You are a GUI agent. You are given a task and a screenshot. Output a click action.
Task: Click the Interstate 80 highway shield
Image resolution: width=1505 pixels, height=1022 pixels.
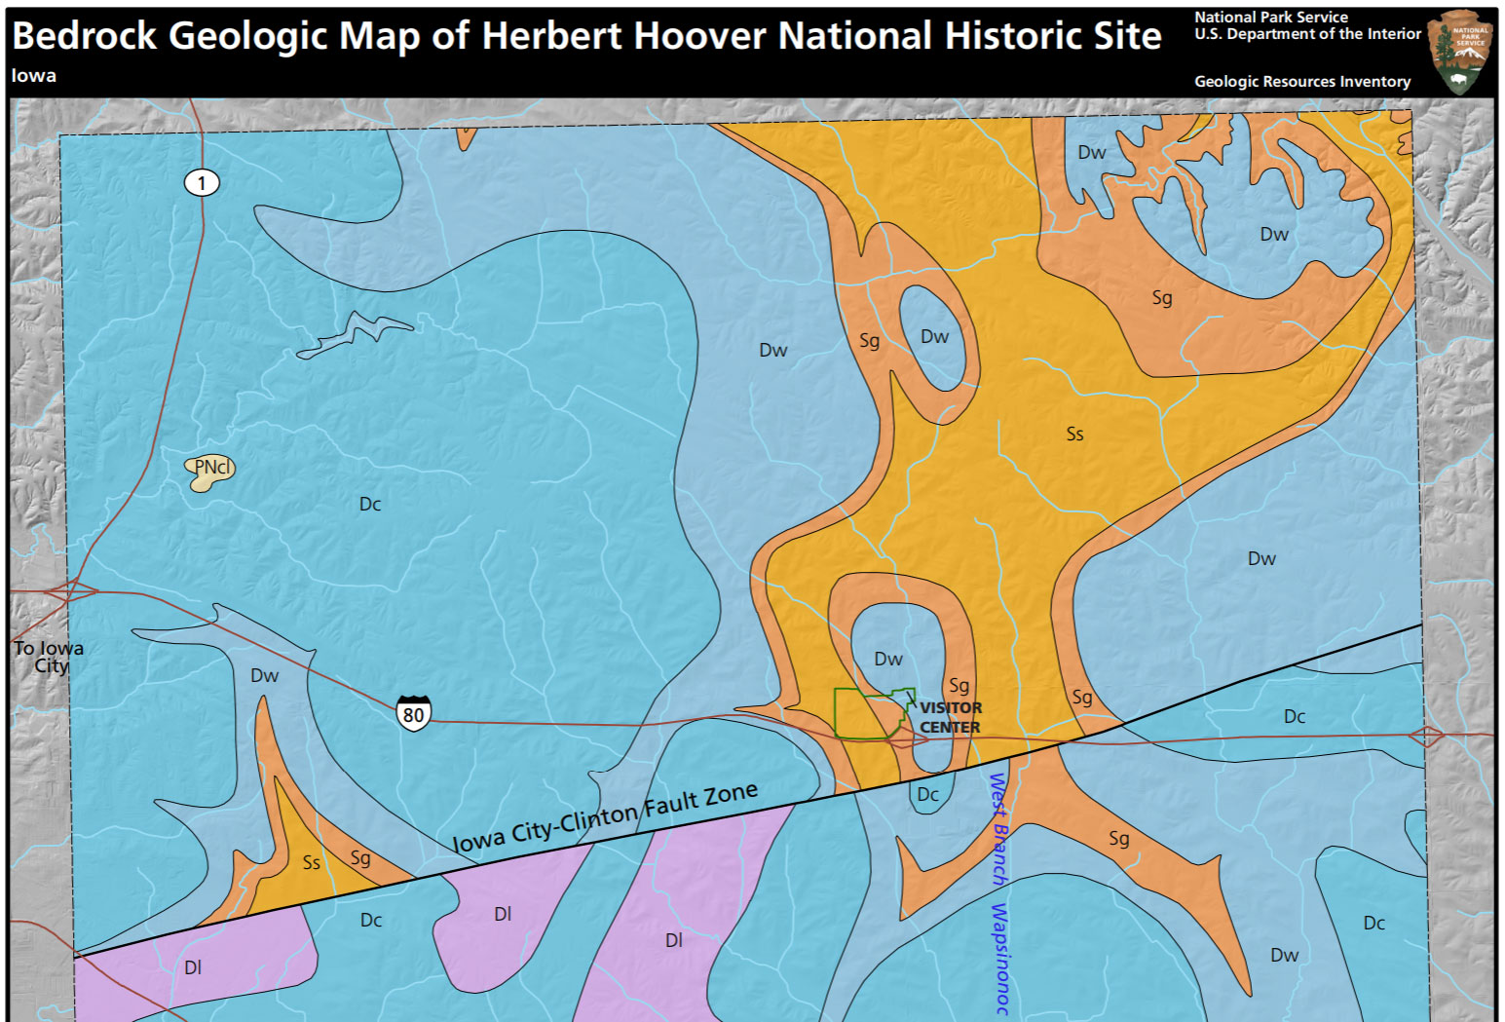(x=413, y=714)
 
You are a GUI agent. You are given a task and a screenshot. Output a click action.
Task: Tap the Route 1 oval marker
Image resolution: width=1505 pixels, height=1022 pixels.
(x=202, y=182)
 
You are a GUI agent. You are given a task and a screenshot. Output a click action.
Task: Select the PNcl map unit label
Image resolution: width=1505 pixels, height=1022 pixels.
(x=211, y=468)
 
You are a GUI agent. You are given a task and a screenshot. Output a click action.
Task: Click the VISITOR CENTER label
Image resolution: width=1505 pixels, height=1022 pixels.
(x=950, y=718)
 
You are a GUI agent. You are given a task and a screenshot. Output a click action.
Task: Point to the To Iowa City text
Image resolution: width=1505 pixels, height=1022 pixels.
(x=48, y=656)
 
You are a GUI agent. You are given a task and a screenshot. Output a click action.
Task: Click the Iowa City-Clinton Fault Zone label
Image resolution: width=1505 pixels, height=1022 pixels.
(x=604, y=817)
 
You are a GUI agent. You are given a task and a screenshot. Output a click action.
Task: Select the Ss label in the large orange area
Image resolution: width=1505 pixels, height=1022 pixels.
(x=1074, y=435)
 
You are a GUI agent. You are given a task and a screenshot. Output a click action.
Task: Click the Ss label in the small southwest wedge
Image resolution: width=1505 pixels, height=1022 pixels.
(x=311, y=863)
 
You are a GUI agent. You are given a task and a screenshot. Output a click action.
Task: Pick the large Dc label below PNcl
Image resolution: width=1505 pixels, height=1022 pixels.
(x=370, y=504)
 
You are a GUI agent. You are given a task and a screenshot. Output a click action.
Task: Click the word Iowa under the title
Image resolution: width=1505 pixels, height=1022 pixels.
(x=34, y=76)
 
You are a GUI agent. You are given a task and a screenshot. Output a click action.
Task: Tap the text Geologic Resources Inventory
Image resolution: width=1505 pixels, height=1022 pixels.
(x=1301, y=82)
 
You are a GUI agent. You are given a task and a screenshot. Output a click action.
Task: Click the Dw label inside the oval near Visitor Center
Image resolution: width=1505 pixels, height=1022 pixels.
(x=887, y=660)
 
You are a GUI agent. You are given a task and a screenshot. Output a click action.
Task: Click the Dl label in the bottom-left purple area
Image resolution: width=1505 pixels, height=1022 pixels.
(x=193, y=967)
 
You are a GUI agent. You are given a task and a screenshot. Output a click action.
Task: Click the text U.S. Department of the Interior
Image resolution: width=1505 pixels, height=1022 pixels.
(x=1307, y=34)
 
